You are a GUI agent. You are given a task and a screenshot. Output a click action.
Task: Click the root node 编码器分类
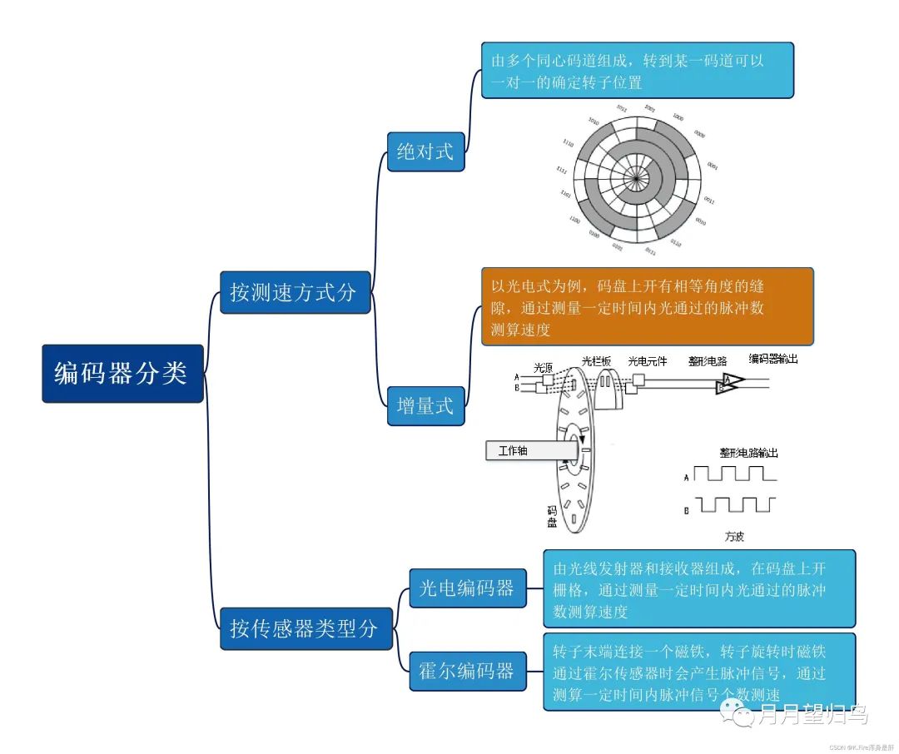(x=122, y=374)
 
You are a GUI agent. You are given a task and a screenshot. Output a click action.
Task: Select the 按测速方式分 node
(x=295, y=292)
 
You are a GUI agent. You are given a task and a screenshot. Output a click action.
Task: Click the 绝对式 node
(x=425, y=151)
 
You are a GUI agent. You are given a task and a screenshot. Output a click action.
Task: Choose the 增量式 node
(x=425, y=405)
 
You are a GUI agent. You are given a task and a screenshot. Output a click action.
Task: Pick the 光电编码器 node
(x=467, y=588)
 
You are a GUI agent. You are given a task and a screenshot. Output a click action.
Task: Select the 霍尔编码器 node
(x=467, y=671)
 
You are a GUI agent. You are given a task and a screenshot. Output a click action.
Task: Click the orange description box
(x=647, y=306)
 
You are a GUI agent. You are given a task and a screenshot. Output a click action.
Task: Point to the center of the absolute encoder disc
(x=636, y=177)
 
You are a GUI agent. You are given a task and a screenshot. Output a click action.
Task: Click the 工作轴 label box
(x=524, y=450)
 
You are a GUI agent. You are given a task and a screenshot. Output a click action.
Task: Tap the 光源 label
(x=544, y=366)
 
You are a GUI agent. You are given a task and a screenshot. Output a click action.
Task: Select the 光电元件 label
(x=648, y=362)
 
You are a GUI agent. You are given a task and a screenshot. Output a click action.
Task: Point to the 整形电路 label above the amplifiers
(x=708, y=361)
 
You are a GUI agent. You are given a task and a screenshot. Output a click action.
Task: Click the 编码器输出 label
(x=773, y=359)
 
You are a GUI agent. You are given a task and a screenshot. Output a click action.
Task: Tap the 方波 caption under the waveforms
(x=733, y=537)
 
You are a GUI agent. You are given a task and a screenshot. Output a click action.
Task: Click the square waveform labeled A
(x=735, y=475)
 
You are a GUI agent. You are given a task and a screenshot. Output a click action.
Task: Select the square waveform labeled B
(x=735, y=505)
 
